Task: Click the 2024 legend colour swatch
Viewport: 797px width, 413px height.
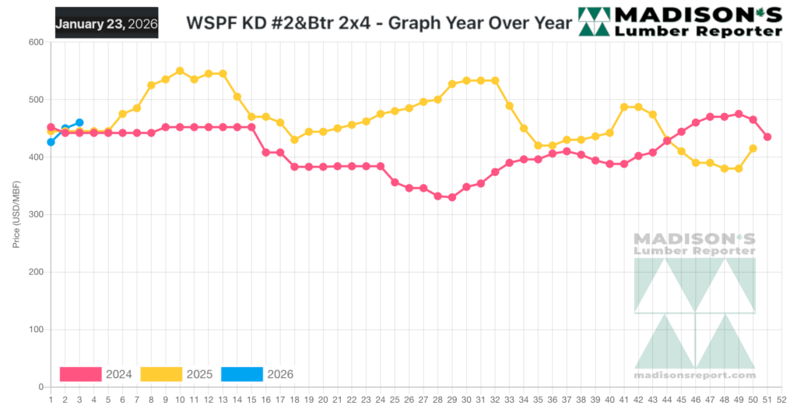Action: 81,374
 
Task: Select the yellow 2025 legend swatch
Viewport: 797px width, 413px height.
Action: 161,374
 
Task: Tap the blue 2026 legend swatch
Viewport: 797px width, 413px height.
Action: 242,374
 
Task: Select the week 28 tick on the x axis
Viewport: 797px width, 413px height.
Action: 437,400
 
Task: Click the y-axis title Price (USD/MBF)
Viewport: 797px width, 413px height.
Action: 16,214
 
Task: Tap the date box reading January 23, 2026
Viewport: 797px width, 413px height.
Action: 107,23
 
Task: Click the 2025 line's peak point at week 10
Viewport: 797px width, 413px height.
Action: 180,71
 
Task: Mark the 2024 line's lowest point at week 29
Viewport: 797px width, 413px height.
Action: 452,197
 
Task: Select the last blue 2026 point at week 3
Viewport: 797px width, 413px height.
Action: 79,122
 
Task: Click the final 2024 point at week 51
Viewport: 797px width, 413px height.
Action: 767,137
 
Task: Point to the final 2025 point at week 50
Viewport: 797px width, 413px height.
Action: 753,148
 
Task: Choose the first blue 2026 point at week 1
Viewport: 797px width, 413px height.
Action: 51,142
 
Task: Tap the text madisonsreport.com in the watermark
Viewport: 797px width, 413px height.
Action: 695,375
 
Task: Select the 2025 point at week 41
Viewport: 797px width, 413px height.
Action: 624,107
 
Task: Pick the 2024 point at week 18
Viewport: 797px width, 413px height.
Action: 294,167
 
